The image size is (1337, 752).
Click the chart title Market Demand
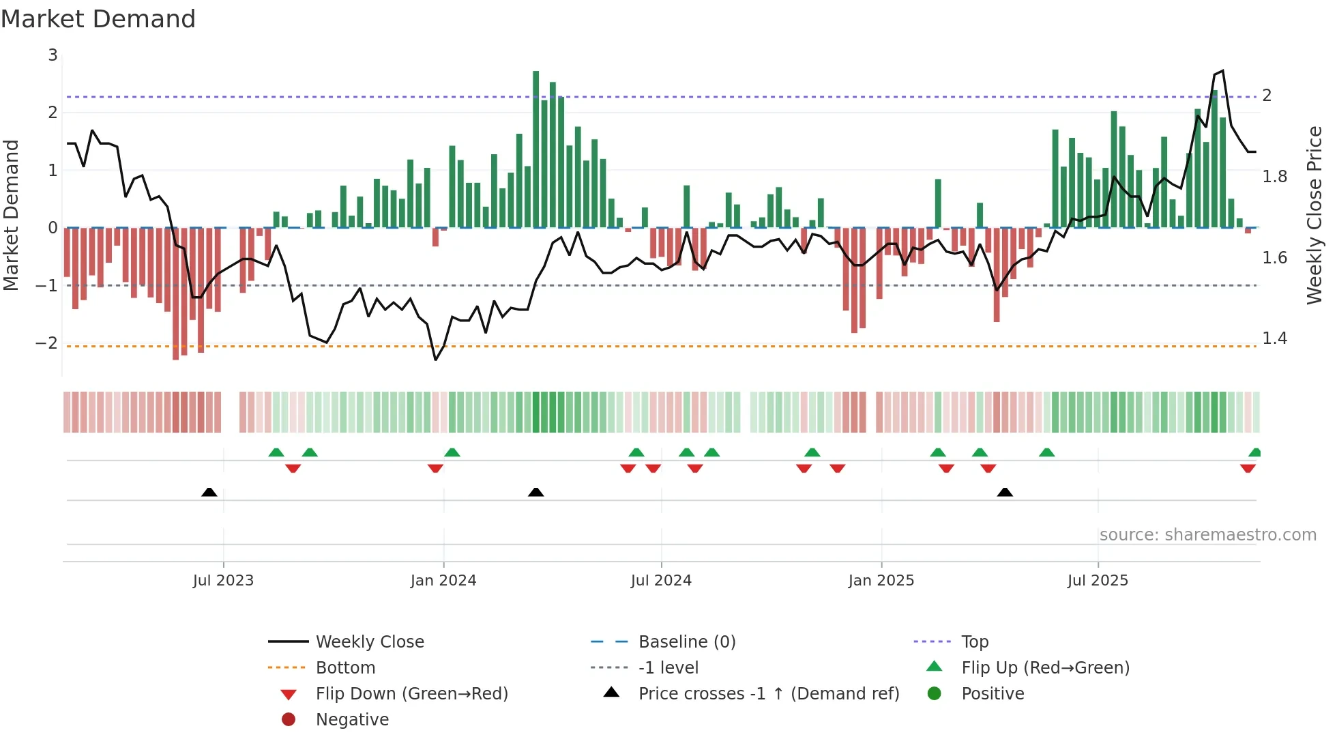click(x=98, y=19)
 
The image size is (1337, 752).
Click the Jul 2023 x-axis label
click(x=223, y=581)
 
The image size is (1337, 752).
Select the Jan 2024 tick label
click(x=443, y=581)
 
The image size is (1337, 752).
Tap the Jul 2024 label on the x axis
click(x=661, y=581)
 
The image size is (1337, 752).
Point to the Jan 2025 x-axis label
click(x=881, y=581)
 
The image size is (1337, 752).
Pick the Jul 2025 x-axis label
click(x=1098, y=581)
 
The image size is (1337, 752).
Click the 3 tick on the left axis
click(x=53, y=55)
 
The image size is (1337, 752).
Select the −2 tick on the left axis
click(x=46, y=343)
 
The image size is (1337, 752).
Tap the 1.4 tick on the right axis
click(x=1274, y=338)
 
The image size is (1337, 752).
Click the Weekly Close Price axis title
click(x=1314, y=215)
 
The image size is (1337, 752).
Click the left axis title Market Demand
click(x=11, y=215)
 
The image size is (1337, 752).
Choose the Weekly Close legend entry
click(x=369, y=642)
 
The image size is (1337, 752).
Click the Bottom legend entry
click(x=345, y=668)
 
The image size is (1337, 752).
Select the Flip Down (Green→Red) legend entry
click(x=411, y=694)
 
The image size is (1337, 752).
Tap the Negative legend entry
click(x=352, y=720)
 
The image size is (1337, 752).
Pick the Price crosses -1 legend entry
click(x=768, y=694)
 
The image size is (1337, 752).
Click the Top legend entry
click(x=974, y=642)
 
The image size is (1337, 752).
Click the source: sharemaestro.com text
click(x=1207, y=535)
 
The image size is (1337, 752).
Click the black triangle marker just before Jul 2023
click(x=209, y=493)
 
